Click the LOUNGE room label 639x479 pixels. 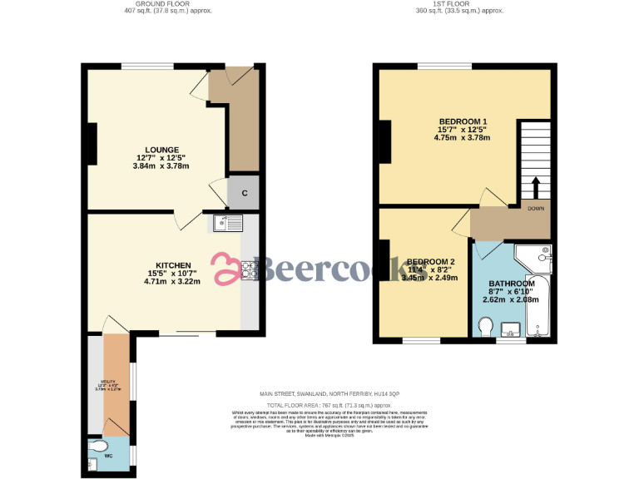click(x=161, y=151)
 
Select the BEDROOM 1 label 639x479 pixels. click(x=462, y=122)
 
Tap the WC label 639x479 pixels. click(x=107, y=456)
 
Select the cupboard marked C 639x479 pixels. click(x=244, y=193)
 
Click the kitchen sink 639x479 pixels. click(x=227, y=222)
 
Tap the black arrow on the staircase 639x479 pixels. click(x=535, y=185)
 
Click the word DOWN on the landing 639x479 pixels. click(x=535, y=209)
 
